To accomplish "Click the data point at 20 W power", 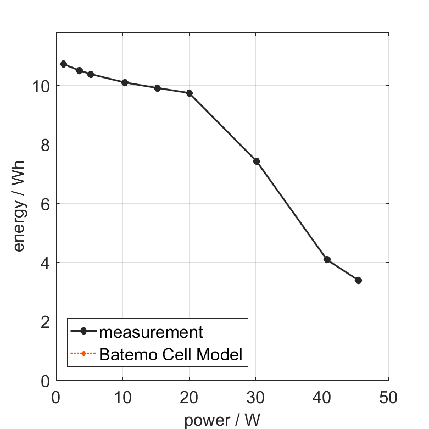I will [x=190, y=93].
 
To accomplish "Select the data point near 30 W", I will [x=257, y=161].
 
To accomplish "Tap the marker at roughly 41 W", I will [x=327, y=259].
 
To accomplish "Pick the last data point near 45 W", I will [x=359, y=280].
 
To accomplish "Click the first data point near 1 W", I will [x=63, y=64].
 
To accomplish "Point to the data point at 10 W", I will [x=125, y=82].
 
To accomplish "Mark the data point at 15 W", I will [x=157, y=88].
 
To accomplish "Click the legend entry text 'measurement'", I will [x=151, y=332].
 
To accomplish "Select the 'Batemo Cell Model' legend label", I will [x=170, y=354].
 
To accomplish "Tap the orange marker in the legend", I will [x=83, y=354].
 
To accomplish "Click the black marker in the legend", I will [x=83, y=331].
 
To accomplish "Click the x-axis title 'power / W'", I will [x=222, y=420].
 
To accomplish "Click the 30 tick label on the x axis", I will [x=255, y=397].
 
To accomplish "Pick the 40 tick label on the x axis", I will [x=322, y=397].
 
